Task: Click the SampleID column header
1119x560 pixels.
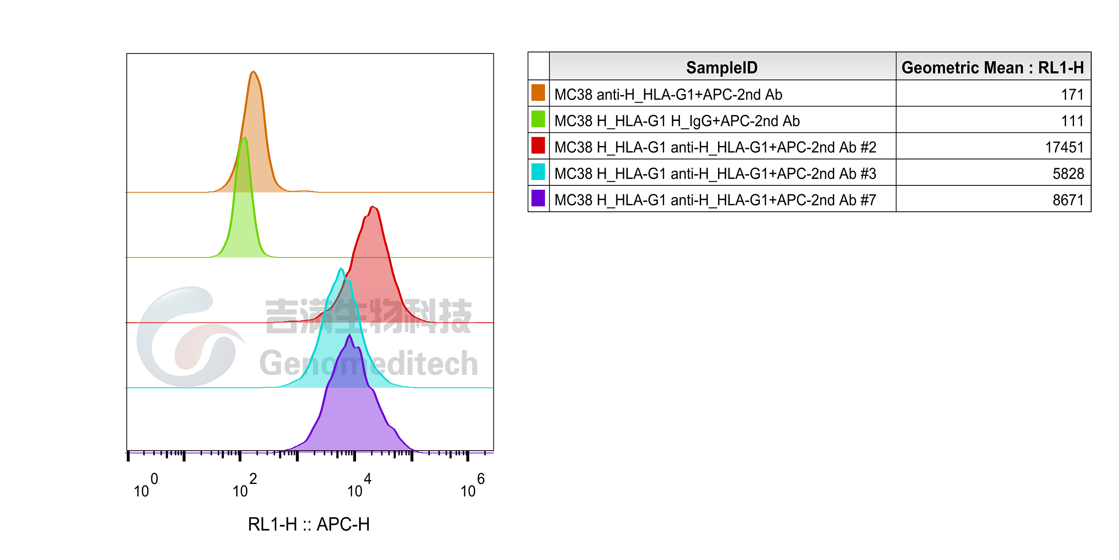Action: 721,68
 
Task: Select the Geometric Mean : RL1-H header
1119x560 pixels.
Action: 993,68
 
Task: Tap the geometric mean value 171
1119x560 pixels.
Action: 1072,94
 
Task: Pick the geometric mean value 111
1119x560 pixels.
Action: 1072,121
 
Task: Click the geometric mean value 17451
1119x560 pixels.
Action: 1064,147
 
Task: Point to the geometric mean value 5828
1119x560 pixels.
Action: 1068,174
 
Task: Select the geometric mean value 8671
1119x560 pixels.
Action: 1068,200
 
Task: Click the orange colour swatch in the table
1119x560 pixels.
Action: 538,93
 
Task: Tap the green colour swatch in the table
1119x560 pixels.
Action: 538,119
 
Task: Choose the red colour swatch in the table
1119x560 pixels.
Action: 538,145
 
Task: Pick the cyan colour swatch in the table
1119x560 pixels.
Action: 538,172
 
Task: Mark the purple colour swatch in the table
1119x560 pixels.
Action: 538,198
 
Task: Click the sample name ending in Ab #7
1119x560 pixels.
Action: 715,200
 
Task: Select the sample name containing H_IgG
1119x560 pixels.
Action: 677,121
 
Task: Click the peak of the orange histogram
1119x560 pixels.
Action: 253,71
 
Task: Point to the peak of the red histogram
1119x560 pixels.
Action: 372,207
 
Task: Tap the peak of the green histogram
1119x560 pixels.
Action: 245,138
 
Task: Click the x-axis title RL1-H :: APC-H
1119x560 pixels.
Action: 309,524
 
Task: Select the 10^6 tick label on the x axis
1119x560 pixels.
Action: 472,486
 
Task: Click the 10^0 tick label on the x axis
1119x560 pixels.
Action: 145,486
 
